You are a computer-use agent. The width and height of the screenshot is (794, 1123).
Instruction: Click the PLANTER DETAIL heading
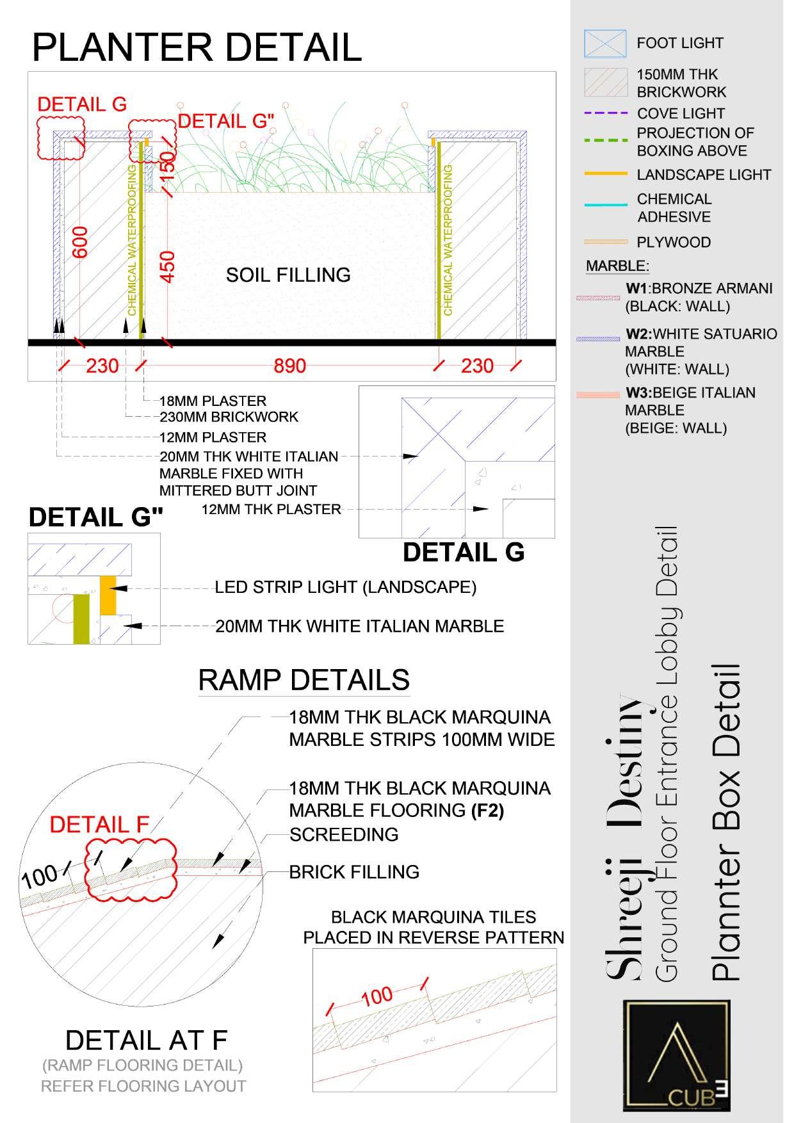[x=197, y=47]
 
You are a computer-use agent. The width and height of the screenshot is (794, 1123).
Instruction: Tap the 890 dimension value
[x=290, y=366]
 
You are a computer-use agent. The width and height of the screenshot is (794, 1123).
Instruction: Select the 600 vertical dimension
[x=80, y=242]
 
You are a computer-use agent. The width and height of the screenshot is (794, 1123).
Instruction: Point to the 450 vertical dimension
[x=166, y=266]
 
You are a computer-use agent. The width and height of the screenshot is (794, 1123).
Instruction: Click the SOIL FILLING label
[x=288, y=275]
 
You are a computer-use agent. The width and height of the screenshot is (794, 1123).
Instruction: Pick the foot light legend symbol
[x=605, y=44]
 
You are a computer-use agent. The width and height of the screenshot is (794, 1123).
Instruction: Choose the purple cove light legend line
[x=606, y=113]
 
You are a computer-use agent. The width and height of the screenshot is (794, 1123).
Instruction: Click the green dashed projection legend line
[x=606, y=140]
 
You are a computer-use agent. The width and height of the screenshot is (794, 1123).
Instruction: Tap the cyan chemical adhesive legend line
[x=606, y=205]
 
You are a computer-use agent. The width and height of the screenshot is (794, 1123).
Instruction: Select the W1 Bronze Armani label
[x=699, y=289]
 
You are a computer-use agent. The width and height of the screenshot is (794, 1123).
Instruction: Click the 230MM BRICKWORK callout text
[x=229, y=417]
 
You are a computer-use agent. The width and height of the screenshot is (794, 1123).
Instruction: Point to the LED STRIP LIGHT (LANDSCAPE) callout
[x=345, y=587]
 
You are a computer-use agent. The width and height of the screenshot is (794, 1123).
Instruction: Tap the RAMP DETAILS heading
[x=304, y=679]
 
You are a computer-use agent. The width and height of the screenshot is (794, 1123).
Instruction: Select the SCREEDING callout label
[x=344, y=834]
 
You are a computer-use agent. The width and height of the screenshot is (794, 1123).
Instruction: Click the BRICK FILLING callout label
[x=354, y=871]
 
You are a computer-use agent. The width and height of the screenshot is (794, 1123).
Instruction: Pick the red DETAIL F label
[x=99, y=825]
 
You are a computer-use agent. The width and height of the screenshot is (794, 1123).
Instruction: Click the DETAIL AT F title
[x=146, y=1040]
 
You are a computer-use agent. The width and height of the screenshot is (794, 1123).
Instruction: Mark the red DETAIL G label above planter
[x=82, y=104]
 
